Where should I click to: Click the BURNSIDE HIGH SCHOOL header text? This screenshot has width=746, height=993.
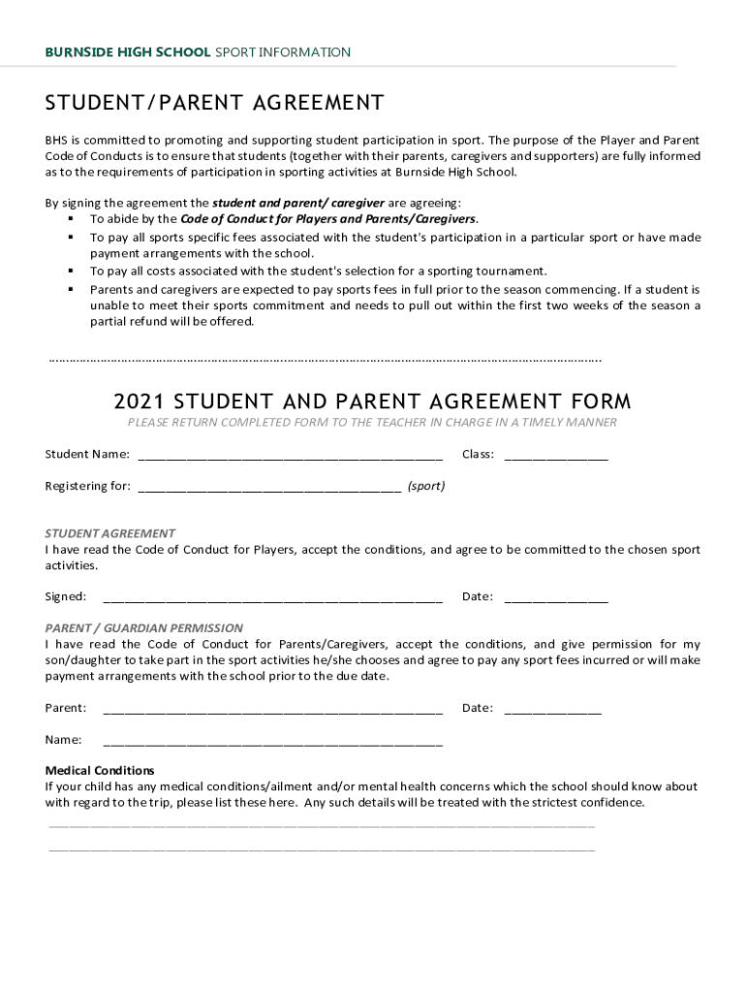(x=127, y=52)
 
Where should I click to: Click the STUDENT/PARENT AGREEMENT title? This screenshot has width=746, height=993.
(x=214, y=103)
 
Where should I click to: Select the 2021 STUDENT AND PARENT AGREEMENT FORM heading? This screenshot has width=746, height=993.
(x=372, y=401)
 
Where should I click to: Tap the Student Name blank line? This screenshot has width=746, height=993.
(x=290, y=457)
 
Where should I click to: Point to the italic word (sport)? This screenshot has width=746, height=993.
(x=426, y=486)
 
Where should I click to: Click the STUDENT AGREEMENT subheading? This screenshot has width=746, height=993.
(x=110, y=533)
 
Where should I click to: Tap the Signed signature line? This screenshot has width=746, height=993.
(x=272, y=599)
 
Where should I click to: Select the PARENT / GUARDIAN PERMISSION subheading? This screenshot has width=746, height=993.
(x=144, y=627)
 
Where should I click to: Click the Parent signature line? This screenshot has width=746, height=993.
(x=272, y=711)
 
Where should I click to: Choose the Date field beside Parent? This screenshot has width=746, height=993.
(x=552, y=711)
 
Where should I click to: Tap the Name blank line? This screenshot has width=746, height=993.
(x=272, y=743)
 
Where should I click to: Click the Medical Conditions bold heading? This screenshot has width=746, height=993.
(x=100, y=771)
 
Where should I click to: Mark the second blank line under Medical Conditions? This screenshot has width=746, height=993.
(x=322, y=849)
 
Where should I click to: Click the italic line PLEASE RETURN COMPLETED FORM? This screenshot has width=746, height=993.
(x=372, y=423)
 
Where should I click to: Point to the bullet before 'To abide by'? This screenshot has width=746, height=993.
(x=71, y=219)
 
